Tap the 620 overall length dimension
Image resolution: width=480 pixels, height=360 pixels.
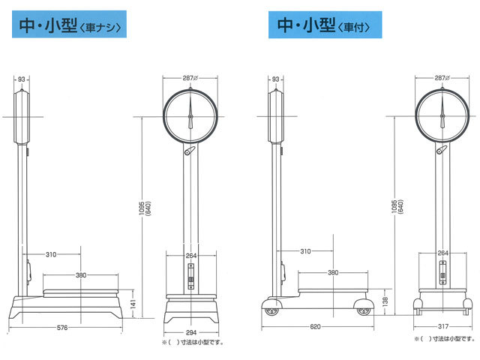tap(316, 328)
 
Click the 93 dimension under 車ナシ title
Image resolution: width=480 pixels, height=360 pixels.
tap(22, 78)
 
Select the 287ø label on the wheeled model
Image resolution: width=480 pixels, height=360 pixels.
tap(442, 78)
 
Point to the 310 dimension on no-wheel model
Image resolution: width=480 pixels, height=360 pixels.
tap(50, 255)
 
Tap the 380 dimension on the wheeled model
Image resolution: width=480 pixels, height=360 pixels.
tap(331, 273)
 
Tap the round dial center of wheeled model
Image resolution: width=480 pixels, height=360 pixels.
tap(443, 116)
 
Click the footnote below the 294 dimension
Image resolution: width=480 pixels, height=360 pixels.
tap(193, 342)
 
